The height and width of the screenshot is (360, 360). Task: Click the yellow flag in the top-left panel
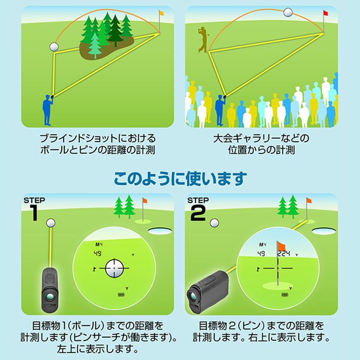pos(161,13)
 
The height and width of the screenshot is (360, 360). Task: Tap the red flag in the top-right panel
pos(325,13)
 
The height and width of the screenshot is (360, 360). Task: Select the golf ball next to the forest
pos(54,47)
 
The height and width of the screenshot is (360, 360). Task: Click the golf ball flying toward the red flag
pos(288,12)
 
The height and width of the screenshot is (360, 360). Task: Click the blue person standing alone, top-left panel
pos(48,110)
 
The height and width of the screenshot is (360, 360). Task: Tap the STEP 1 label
pos(34,200)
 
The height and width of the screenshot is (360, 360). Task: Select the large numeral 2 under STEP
pos(198,213)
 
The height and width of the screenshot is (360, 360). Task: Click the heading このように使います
pos(180,179)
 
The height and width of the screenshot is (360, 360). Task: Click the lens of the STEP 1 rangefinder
pos(50,297)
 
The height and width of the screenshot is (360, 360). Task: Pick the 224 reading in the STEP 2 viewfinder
pos(284,253)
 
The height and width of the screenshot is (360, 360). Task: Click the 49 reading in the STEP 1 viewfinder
pos(97,254)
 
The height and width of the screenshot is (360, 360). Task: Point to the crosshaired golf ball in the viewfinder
pos(114,268)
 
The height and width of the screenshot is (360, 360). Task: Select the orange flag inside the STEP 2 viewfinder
pos(281,246)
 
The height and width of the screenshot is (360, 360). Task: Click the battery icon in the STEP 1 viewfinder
pos(121,294)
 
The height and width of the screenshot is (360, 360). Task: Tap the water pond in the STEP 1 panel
pos(160,230)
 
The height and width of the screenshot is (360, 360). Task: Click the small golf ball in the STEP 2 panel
pos(215,223)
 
